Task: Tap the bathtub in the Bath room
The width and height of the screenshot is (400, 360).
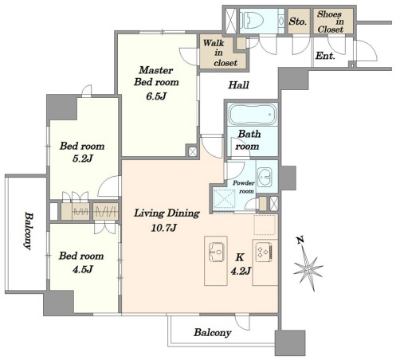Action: pyautogui.click(x=253, y=114)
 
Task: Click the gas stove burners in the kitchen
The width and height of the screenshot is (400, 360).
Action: pyautogui.click(x=264, y=251)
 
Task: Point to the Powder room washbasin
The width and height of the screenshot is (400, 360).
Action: pyautogui.click(x=265, y=177)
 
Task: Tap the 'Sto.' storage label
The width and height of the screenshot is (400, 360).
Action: pyautogui.click(x=298, y=22)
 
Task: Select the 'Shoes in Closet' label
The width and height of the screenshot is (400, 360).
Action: pyautogui.click(x=331, y=22)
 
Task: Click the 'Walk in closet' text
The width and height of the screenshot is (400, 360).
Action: pyautogui.click(x=220, y=53)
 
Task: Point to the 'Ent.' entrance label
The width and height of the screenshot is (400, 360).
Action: pyautogui.click(x=325, y=56)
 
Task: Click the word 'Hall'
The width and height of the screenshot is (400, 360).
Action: pyautogui.click(x=238, y=85)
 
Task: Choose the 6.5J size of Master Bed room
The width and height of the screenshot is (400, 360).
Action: pyautogui.click(x=156, y=96)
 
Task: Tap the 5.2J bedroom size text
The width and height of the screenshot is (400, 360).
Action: pyautogui.click(x=83, y=158)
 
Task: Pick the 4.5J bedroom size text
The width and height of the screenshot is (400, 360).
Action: pyautogui.click(x=83, y=269)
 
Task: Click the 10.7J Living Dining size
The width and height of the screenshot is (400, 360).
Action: pyautogui.click(x=164, y=228)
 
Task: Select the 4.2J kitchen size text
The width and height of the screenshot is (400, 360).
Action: pyautogui.click(x=241, y=271)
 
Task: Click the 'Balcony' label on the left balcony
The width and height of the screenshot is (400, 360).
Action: pyautogui.click(x=28, y=230)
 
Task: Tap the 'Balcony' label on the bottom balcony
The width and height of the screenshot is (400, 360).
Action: pyautogui.click(x=213, y=333)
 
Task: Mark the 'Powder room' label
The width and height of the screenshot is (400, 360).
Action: pyautogui.click(x=244, y=187)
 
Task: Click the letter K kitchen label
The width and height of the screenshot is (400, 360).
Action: pyautogui.click(x=240, y=257)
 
